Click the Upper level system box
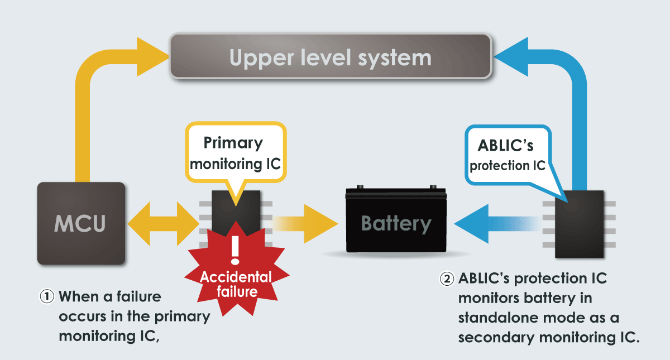[331, 56]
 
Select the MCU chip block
[81, 223]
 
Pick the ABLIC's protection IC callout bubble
[508, 156]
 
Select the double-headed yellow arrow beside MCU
[162, 224]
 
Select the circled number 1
[46, 296]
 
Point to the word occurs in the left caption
[86, 317]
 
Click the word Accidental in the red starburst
[236, 277]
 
